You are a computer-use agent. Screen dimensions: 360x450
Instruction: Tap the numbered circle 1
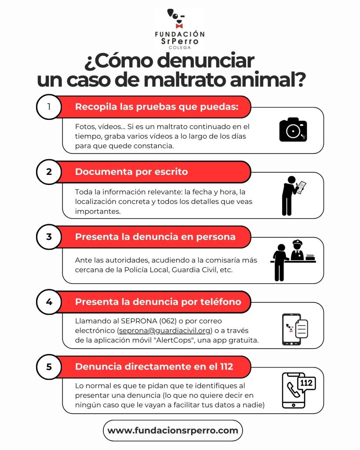[x=49, y=107]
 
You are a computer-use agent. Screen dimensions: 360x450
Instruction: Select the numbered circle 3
[x=49, y=237]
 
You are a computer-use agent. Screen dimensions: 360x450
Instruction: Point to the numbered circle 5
[x=49, y=367]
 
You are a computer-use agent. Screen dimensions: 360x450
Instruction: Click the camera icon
[x=293, y=130]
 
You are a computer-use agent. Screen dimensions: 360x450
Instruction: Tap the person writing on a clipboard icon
[x=293, y=196]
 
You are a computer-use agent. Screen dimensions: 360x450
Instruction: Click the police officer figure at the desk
[x=298, y=250]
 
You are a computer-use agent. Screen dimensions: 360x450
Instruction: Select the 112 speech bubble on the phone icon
[x=306, y=384]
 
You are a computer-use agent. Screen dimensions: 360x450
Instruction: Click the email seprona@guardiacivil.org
[x=164, y=330]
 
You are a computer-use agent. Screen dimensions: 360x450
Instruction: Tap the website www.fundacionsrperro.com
[x=173, y=431]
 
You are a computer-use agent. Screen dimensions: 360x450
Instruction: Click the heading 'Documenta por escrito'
[x=131, y=172]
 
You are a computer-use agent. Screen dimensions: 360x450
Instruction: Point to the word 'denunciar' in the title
[x=206, y=61]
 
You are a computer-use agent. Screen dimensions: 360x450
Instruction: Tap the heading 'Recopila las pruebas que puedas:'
[x=157, y=107]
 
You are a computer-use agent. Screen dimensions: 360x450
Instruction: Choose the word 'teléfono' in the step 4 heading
[x=221, y=301]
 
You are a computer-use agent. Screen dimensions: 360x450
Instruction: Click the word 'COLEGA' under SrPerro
[x=180, y=47]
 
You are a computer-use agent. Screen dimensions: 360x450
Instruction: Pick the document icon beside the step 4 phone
[x=302, y=329]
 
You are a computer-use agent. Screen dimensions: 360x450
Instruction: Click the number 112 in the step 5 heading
[x=226, y=367]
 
